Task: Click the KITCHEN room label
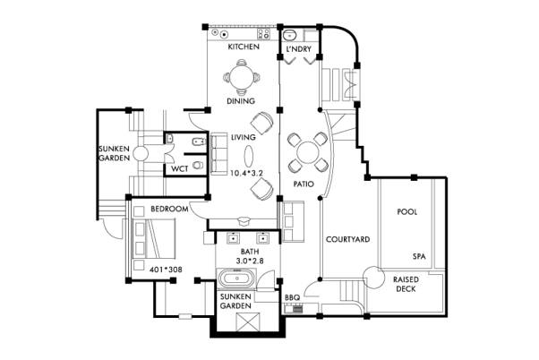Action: pos(244,47)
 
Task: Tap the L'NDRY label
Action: pos(298,49)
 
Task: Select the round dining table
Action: pos(242,77)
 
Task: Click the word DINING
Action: pos(241,101)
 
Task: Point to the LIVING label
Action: pos(244,137)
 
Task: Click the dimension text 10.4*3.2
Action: pos(246,174)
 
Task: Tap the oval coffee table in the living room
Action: pos(249,156)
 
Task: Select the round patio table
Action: pos(308,152)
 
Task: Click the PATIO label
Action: pos(304,184)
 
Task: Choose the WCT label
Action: pos(180,169)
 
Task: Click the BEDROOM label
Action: pos(169,209)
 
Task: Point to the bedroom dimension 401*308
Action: pos(166,270)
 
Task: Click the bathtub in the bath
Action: pos(236,278)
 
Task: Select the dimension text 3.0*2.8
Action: pos(250,261)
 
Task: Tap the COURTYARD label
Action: pos(348,239)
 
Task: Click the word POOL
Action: pos(407,211)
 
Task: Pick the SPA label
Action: pos(419,256)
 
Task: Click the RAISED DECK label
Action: pos(406,284)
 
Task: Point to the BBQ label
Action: pos(292,297)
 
